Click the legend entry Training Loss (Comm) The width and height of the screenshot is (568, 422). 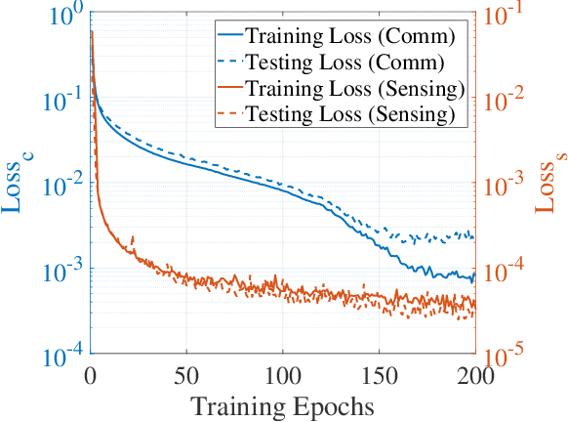(350, 38)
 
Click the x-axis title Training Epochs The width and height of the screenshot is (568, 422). (282, 404)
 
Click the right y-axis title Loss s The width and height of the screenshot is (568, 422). (548, 186)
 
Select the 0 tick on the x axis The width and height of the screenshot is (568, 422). (91, 374)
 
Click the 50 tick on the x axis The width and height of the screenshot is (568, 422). (186, 374)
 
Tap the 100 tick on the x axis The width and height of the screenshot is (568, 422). (282, 374)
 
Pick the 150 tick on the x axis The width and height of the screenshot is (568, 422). (379, 374)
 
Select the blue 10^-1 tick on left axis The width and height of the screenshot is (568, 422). (63, 102)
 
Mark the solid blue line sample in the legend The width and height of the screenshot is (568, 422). (227, 38)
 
